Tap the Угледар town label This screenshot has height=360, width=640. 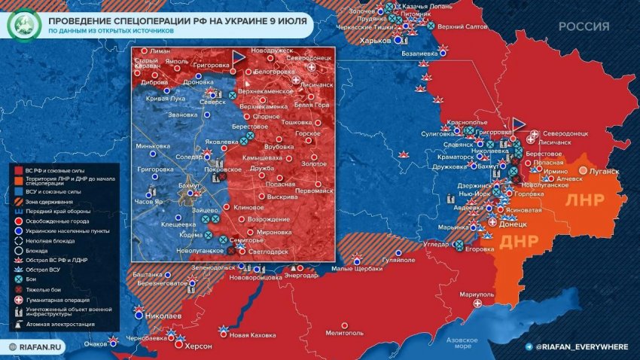(436, 245)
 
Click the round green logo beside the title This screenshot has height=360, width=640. (23, 27)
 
